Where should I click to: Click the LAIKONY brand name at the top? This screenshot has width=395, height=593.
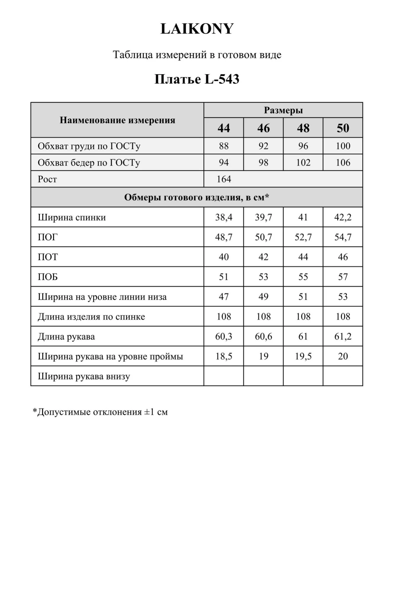point(197,29)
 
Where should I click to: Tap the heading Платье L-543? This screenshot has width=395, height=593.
point(197,79)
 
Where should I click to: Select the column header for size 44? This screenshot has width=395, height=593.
point(224,128)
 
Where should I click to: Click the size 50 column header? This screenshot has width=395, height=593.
point(343,128)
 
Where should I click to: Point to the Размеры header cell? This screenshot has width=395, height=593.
point(283,110)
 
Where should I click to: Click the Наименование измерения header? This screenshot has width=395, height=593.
point(117,120)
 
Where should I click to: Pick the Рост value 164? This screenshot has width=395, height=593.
point(224,179)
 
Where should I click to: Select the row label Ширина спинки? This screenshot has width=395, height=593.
point(72,217)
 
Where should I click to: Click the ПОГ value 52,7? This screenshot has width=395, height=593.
point(303,237)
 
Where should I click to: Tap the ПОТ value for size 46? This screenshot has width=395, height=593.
point(263,257)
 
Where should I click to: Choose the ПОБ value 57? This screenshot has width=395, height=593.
point(343,277)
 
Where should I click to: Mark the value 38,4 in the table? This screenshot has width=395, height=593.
point(224,217)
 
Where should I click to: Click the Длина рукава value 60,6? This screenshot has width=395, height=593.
point(263,337)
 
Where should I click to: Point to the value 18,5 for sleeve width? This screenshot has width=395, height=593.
point(224,356)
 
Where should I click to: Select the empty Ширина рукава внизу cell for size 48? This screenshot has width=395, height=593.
point(303,376)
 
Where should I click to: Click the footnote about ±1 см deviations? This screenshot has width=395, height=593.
point(100,412)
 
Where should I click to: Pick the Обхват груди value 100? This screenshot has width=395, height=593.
point(343,146)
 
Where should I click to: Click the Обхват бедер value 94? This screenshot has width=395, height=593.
point(224,162)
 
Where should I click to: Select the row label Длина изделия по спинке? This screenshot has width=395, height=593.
point(91,317)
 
